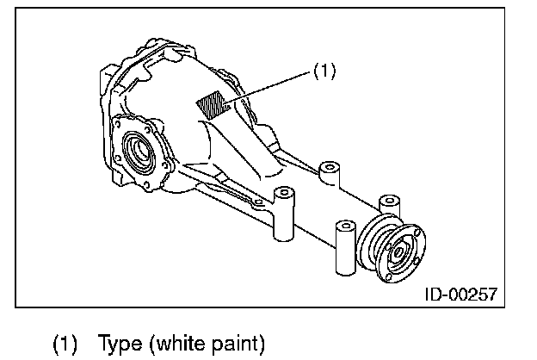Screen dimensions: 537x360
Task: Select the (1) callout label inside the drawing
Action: tap(324, 71)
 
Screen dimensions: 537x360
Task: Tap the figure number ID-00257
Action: tap(461, 295)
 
